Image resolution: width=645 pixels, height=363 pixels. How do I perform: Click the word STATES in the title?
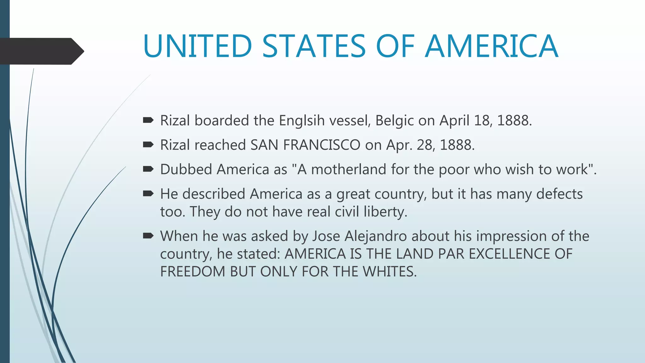[x=314, y=46]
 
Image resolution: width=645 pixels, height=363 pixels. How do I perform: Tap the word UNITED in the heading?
[x=197, y=46]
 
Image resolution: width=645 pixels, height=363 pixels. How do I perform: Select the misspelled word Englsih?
[x=301, y=121]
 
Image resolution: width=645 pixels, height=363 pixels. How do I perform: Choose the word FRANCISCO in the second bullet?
[x=321, y=145]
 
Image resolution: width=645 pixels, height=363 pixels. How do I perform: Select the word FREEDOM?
[x=192, y=272]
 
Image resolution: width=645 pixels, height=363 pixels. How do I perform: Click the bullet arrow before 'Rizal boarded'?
[x=148, y=120]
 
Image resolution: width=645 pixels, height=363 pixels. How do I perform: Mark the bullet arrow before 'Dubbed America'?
[x=148, y=169]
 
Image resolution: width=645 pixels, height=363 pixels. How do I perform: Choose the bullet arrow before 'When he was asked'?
[x=148, y=236]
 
